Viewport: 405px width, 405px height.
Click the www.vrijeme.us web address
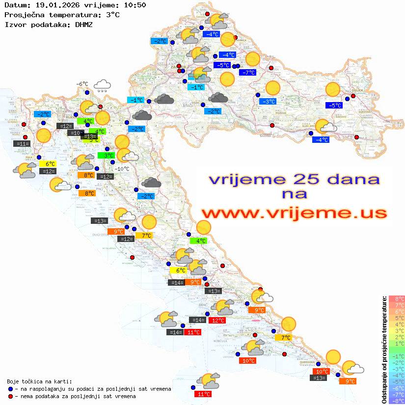[x=294, y=213]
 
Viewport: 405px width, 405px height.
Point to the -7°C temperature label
[x=248, y=73]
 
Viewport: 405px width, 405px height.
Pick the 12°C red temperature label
[x=217, y=321]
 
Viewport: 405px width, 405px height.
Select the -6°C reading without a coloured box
[x=82, y=84]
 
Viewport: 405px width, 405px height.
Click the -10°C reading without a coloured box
[x=121, y=169]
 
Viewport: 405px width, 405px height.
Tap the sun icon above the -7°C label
[x=252, y=59]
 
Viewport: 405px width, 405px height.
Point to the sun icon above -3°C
[x=272, y=88]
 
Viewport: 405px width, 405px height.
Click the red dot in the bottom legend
[x=11, y=396]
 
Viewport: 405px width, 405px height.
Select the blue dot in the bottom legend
[x=11, y=389]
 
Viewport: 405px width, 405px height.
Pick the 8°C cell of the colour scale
[x=396, y=298]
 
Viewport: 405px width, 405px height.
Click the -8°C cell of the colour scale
[x=396, y=401]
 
